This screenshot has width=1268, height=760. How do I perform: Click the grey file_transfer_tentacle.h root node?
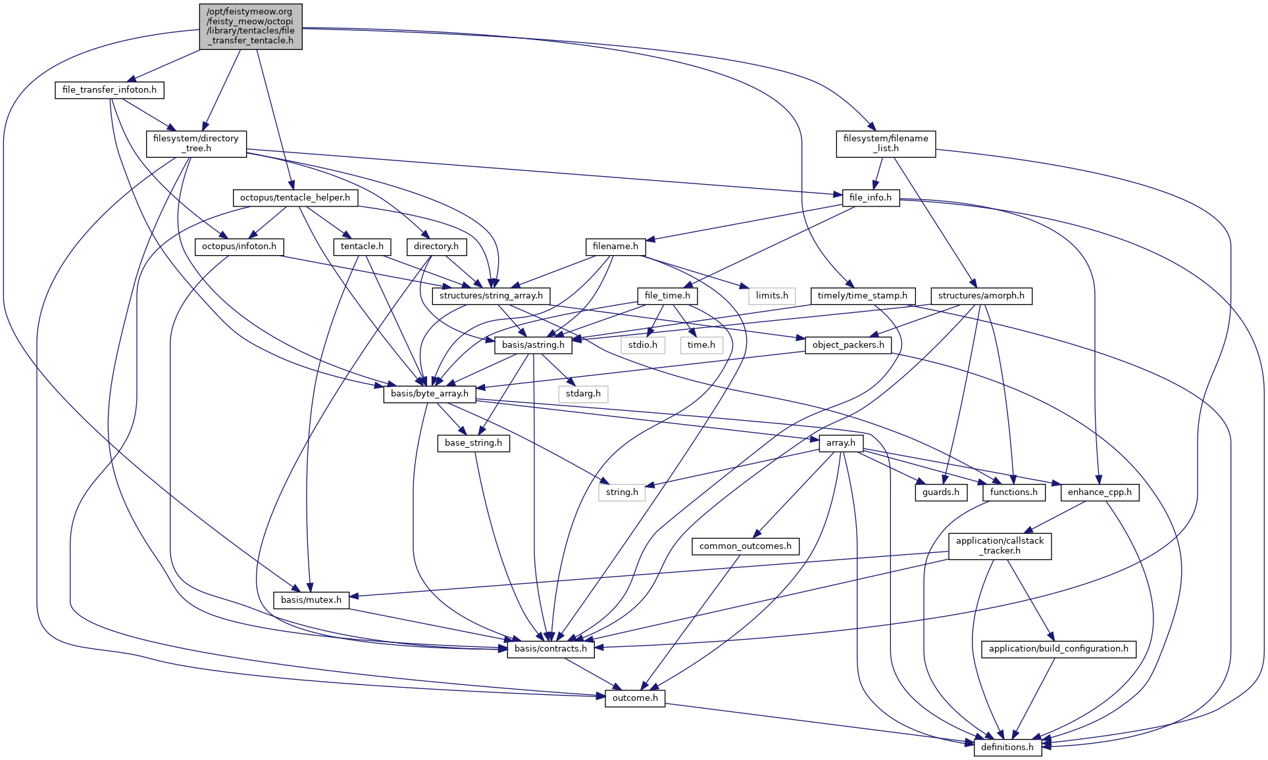[251, 26]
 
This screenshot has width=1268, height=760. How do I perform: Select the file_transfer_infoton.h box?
[109, 90]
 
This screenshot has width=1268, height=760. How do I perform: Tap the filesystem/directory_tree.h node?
[196, 144]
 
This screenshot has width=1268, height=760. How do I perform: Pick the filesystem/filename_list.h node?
[886, 144]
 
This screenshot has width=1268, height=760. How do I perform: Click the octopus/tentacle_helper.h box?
[295, 198]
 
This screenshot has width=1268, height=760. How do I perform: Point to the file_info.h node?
[870, 198]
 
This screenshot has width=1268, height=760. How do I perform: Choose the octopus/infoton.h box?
[239, 247]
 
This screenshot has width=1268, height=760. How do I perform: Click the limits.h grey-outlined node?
[772, 296]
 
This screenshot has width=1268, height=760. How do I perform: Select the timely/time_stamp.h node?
[862, 296]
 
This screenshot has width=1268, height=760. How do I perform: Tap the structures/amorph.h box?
[981, 296]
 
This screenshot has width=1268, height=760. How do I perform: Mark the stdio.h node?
[643, 345]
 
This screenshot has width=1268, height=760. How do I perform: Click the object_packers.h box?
[848, 345]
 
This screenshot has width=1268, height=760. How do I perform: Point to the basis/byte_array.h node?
[430, 394]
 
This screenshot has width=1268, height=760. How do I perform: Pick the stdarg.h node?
[584, 394]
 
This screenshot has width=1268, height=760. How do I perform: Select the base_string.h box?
[473, 443]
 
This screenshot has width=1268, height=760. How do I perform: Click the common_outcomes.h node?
[746, 546]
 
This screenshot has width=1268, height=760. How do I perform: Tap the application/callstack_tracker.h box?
[1000, 546]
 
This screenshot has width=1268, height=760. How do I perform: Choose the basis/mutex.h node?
[311, 600]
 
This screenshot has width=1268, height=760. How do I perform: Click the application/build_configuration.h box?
[1058, 649]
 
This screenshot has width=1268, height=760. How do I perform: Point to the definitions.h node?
[1007, 748]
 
